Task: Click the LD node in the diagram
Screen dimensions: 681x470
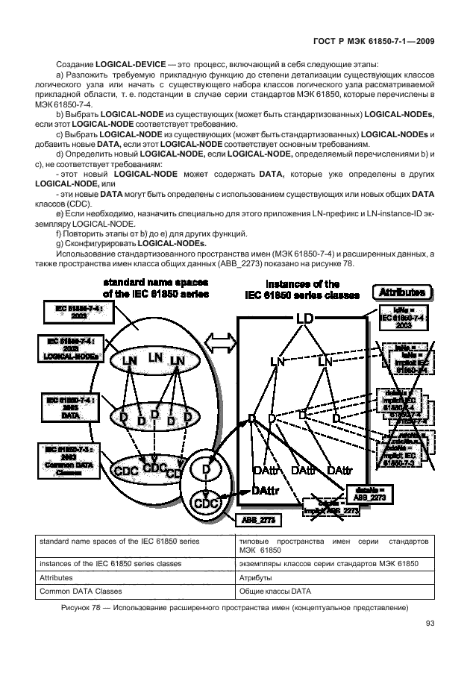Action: click(x=303, y=319)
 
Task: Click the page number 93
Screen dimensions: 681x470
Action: click(x=430, y=624)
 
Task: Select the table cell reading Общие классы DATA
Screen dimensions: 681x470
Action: click(x=275, y=591)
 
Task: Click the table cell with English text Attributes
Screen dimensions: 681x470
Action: click(x=57, y=578)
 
